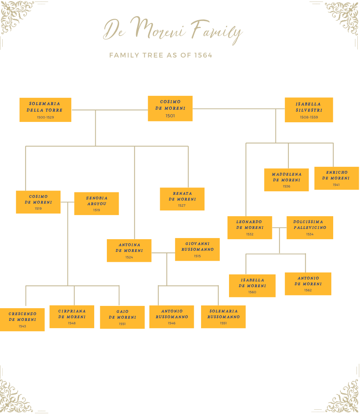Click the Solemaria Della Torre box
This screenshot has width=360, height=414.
(x=45, y=110)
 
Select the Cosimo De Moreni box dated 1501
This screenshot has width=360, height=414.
(x=170, y=108)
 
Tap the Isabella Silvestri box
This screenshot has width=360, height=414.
(x=309, y=110)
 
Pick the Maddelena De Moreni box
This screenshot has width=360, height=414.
(x=286, y=179)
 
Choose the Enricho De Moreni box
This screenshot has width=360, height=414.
(x=336, y=178)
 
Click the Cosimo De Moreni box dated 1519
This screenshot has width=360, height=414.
(x=38, y=202)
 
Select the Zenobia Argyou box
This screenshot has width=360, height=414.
(x=97, y=203)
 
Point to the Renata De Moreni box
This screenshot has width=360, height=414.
(x=182, y=199)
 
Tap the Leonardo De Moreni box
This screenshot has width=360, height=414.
(x=250, y=227)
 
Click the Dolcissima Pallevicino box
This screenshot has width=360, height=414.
(x=309, y=227)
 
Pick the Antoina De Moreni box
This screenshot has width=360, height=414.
(x=129, y=250)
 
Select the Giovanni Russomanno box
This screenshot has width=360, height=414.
(x=197, y=249)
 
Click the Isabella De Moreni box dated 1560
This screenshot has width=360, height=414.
(x=252, y=286)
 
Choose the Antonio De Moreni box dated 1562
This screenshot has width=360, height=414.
(x=308, y=284)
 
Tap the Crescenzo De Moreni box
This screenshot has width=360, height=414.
(x=22, y=319)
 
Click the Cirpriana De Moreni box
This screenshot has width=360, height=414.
(x=72, y=317)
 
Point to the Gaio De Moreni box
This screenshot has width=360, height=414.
(x=122, y=317)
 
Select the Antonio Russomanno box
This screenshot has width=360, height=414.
(x=172, y=317)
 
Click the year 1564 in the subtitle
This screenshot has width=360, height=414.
(x=203, y=55)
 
